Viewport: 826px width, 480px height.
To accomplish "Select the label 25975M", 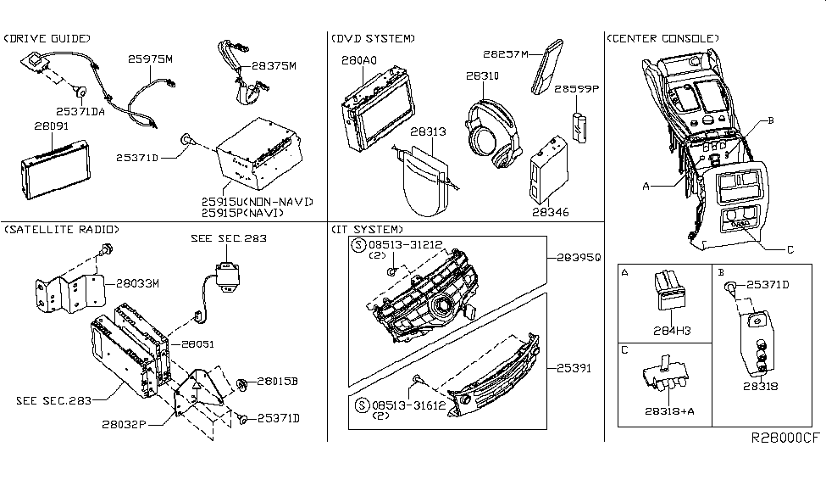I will (x=151, y=61).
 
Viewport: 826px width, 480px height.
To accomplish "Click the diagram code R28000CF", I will (x=785, y=438).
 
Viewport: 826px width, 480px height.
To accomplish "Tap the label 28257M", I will (x=506, y=54).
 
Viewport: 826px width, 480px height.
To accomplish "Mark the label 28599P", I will (x=576, y=87).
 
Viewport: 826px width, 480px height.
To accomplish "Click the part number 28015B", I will (x=278, y=382).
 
